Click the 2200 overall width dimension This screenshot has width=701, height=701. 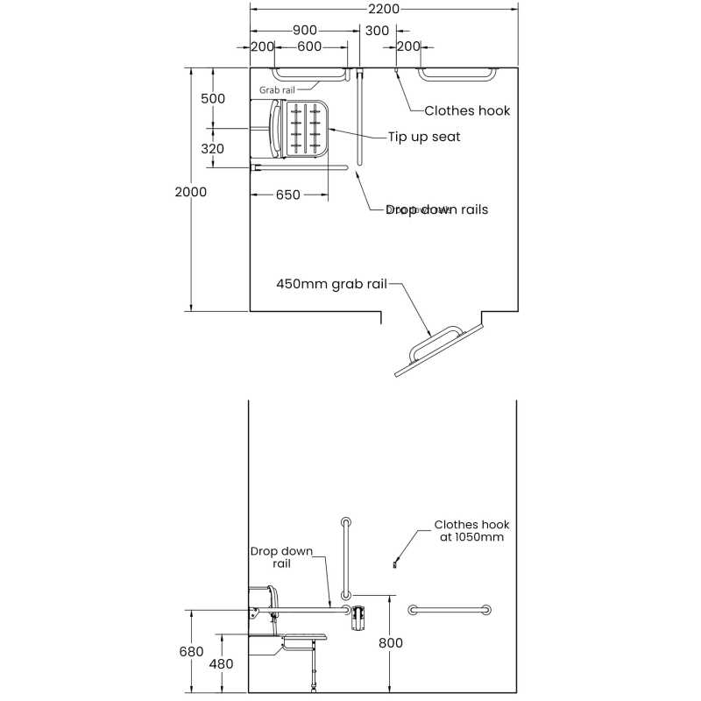tap(384, 10)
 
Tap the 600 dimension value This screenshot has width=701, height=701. tap(308, 46)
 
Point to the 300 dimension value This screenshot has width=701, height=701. tap(378, 30)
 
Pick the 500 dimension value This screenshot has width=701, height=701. tap(213, 98)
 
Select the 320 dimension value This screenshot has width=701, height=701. tap(213, 149)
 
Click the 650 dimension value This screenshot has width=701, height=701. tap(288, 195)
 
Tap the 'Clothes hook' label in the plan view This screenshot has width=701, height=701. tap(467, 110)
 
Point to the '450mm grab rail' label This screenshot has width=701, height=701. tap(331, 284)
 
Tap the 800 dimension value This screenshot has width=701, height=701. tap(391, 643)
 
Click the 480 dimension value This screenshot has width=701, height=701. tap(222, 663)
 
